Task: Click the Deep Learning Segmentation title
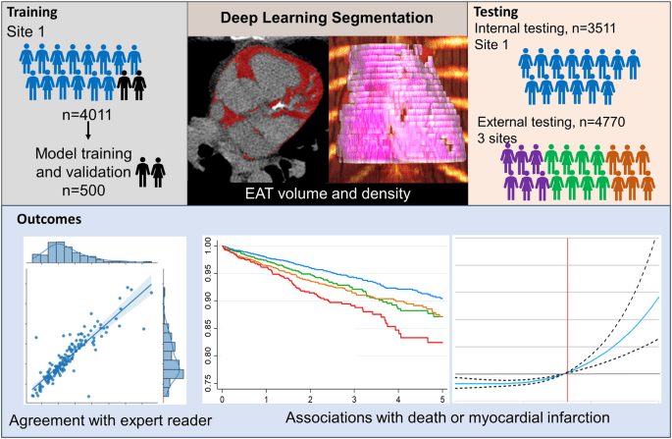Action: (x=326, y=18)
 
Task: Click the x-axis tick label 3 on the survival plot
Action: (x=353, y=401)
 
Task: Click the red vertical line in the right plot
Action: (x=567, y=314)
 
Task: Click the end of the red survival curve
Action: (x=442, y=342)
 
